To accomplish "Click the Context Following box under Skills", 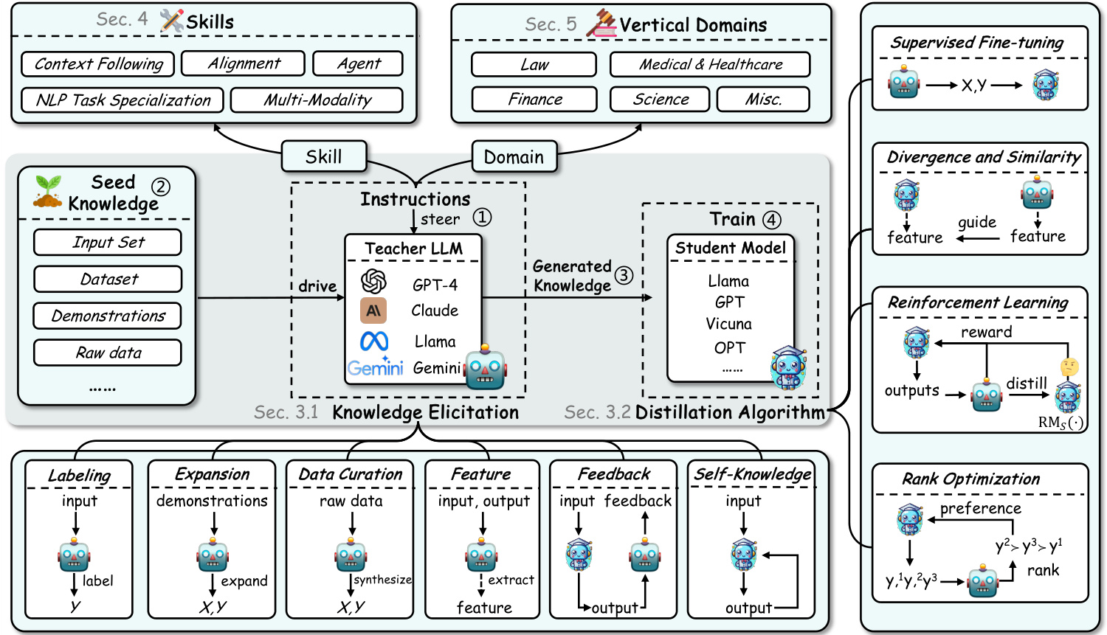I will (98, 64).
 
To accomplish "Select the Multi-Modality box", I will (317, 100).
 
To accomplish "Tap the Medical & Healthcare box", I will (710, 64).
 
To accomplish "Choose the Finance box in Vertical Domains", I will (534, 100).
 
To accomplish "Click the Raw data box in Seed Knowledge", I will (108, 353).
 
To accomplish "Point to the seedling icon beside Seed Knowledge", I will (48, 191).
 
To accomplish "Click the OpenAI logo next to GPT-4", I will (374, 282).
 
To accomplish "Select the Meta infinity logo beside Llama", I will (374, 341).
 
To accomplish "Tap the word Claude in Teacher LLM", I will (435, 310).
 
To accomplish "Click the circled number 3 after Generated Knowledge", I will (624, 275).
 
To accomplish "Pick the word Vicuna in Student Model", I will (728, 324).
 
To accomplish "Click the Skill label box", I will (323, 156).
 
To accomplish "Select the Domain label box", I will (514, 157).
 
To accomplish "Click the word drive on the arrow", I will (317, 286).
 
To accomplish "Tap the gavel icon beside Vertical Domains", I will (601, 24).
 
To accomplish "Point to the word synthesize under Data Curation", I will (382, 580).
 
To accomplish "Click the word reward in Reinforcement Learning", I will (986, 333).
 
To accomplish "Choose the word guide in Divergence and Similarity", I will (976, 223).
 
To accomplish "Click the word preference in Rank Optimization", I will (980, 508).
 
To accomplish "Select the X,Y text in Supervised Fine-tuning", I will (974, 86).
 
